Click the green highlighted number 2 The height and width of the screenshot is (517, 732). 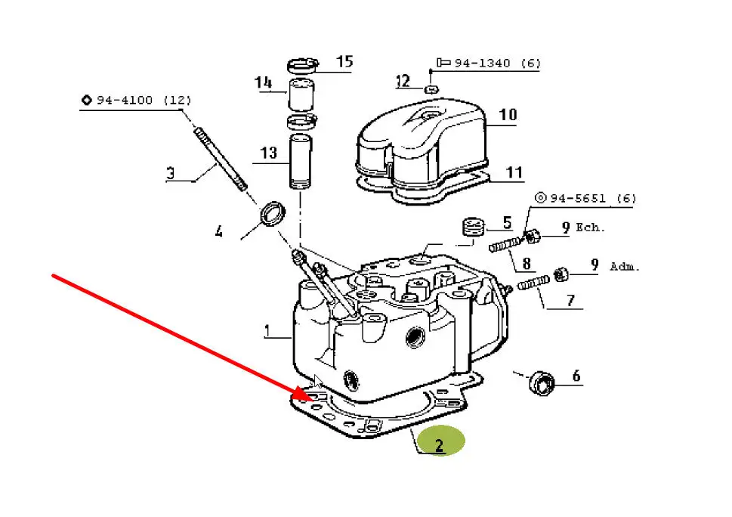(439, 445)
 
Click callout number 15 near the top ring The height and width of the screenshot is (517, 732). (344, 62)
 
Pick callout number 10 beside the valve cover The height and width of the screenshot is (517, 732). (508, 115)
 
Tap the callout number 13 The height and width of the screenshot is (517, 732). (268, 153)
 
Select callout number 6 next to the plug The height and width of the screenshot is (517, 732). (576, 376)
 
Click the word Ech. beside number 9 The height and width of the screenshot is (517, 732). (590, 228)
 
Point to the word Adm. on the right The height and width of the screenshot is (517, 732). (624, 267)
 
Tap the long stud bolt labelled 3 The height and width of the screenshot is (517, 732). (221, 159)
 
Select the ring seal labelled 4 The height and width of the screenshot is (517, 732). (273, 213)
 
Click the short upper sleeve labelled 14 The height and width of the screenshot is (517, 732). (301, 95)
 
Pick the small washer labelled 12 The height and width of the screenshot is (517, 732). (432, 88)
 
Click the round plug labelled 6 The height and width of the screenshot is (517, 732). (542, 383)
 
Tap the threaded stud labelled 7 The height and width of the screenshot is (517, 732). (533, 283)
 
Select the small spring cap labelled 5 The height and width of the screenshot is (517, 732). (474, 227)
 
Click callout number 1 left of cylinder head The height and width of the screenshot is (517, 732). (267, 331)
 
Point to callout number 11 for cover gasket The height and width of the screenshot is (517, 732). (514, 173)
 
